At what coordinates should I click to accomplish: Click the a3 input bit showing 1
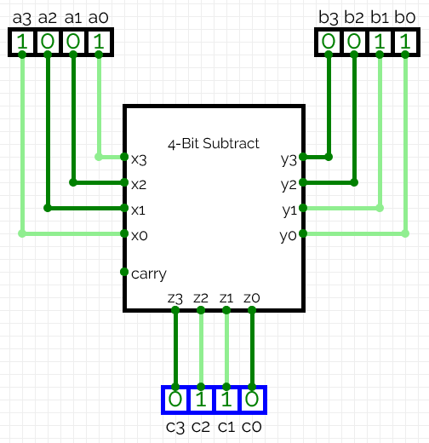pos(22,42)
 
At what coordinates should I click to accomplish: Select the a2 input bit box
pos(48,42)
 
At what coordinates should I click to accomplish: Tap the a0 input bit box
pos(99,42)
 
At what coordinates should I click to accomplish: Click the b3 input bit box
pos(329,42)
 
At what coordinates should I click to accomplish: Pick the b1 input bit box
pos(380,42)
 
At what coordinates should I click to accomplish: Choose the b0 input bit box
pos(405,42)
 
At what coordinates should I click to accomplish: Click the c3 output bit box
pos(175,399)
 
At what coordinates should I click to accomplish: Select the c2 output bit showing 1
pos(201,399)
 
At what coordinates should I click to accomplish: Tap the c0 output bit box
pos(252,399)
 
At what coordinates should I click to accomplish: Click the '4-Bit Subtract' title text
pos(214,143)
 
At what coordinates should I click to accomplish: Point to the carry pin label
pos(149,273)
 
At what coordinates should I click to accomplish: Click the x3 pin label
pos(139,158)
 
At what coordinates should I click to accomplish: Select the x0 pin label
pos(139,234)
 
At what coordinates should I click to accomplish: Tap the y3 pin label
pos(289,158)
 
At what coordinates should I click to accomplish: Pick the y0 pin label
pos(289,234)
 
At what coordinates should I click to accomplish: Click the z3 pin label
pos(175,297)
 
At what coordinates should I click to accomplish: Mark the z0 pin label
pos(252,297)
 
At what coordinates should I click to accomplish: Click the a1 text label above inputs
pos(73,15)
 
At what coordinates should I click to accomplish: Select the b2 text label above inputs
pos(354,15)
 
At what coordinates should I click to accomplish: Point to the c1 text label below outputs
pos(226,426)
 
